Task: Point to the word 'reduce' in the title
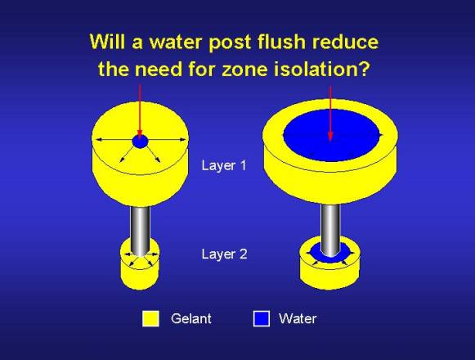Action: (x=345, y=42)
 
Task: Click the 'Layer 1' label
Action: (x=224, y=165)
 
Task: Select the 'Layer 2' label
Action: (x=225, y=254)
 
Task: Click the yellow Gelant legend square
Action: (x=150, y=318)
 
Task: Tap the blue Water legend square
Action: (x=262, y=318)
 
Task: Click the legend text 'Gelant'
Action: (x=191, y=318)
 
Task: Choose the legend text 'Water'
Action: (x=298, y=318)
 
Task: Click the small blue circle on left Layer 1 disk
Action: (x=141, y=142)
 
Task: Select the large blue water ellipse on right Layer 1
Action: (x=331, y=134)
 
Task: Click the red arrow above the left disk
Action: (x=140, y=111)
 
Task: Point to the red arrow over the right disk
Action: (x=330, y=113)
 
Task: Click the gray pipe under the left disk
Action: (x=141, y=232)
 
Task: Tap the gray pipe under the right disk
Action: (x=330, y=231)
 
